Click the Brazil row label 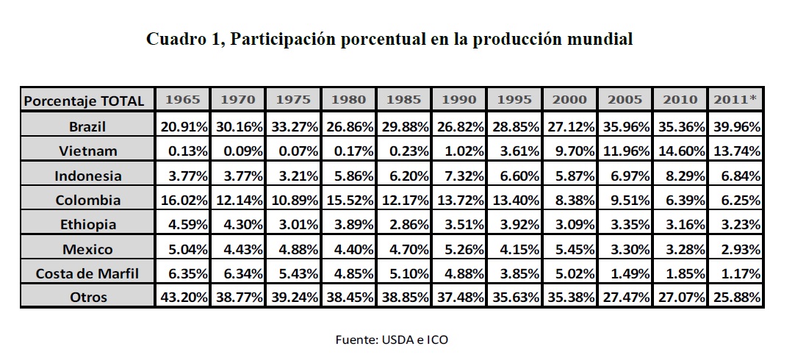tap(87, 126)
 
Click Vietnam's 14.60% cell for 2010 tap(680, 151)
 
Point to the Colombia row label tap(87, 200)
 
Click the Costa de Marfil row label tap(87, 273)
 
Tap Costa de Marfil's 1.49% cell tap(625, 273)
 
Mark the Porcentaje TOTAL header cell tap(84, 100)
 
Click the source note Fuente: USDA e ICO tap(391, 339)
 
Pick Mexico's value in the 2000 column tap(570, 249)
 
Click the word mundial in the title tap(601, 40)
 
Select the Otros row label tap(87, 298)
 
